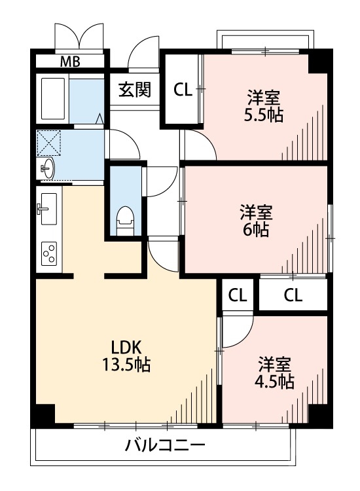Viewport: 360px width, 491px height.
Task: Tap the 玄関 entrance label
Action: (135, 90)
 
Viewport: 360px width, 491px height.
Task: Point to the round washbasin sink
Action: (48, 169)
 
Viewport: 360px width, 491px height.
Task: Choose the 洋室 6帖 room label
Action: (255, 221)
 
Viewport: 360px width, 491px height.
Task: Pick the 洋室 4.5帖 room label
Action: (275, 372)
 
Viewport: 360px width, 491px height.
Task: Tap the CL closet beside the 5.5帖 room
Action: (183, 90)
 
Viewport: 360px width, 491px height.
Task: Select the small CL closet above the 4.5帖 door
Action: (238, 295)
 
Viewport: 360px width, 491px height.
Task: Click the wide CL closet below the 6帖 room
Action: (293, 295)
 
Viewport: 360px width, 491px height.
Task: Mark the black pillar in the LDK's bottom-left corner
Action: (45, 414)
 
